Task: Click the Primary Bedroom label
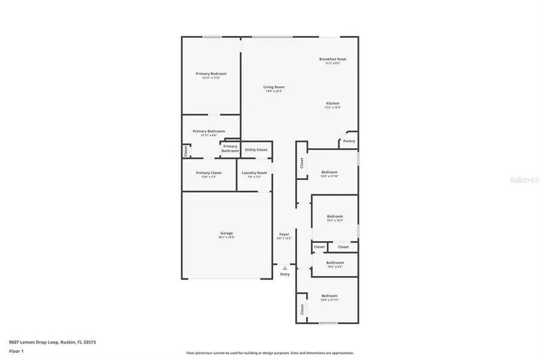[211, 74]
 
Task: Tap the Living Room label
[274, 87]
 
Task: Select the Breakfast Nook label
[332, 59]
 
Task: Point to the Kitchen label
[332, 103]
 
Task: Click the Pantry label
[349, 141]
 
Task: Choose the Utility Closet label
[256, 149]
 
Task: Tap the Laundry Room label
[254, 173]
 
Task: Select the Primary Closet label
[208, 173]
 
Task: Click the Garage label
[226, 233]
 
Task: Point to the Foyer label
[284, 234]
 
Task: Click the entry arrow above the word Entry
[284, 268]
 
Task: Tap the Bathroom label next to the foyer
[335, 262]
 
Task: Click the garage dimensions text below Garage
[226, 237]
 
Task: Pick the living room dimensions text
[274, 91]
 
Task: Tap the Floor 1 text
[16, 350]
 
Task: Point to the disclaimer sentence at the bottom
[269, 353]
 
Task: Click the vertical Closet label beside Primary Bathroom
[186, 151]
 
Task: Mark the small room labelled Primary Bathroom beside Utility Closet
[230, 148]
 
